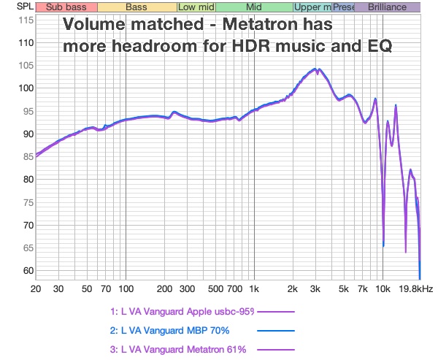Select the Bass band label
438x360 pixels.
[136, 7]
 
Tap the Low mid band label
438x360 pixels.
[196, 7]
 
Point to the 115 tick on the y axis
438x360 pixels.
[25, 20]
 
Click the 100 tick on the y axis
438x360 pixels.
[25, 88]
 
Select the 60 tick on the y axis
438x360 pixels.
[27, 271]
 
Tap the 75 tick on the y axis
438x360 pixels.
[27, 202]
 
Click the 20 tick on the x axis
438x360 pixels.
[36, 289]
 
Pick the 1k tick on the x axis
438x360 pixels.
[254, 289]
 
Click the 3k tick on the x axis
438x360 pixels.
[315, 289]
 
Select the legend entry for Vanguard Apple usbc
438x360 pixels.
[182, 312]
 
